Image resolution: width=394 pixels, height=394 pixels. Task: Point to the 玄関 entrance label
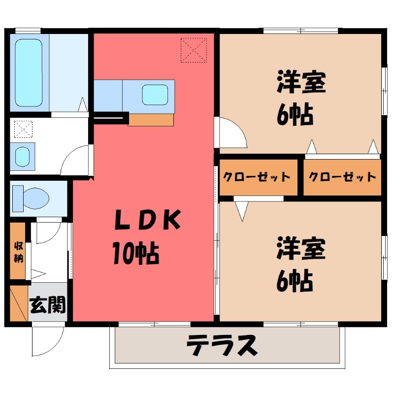pyautogui.click(x=47, y=306)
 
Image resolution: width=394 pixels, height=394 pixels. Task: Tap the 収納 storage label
pyautogui.click(x=18, y=251)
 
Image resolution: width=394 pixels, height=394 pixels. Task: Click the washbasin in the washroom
pyautogui.click(x=23, y=156)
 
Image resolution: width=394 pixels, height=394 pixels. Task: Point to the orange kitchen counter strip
pyautogui.click(x=151, y=120)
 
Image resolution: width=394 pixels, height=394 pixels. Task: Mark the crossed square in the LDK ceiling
pyautogui.click(x=194, y=50)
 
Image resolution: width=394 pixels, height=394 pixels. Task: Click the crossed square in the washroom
pyautogui.click(x=23, y=129)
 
